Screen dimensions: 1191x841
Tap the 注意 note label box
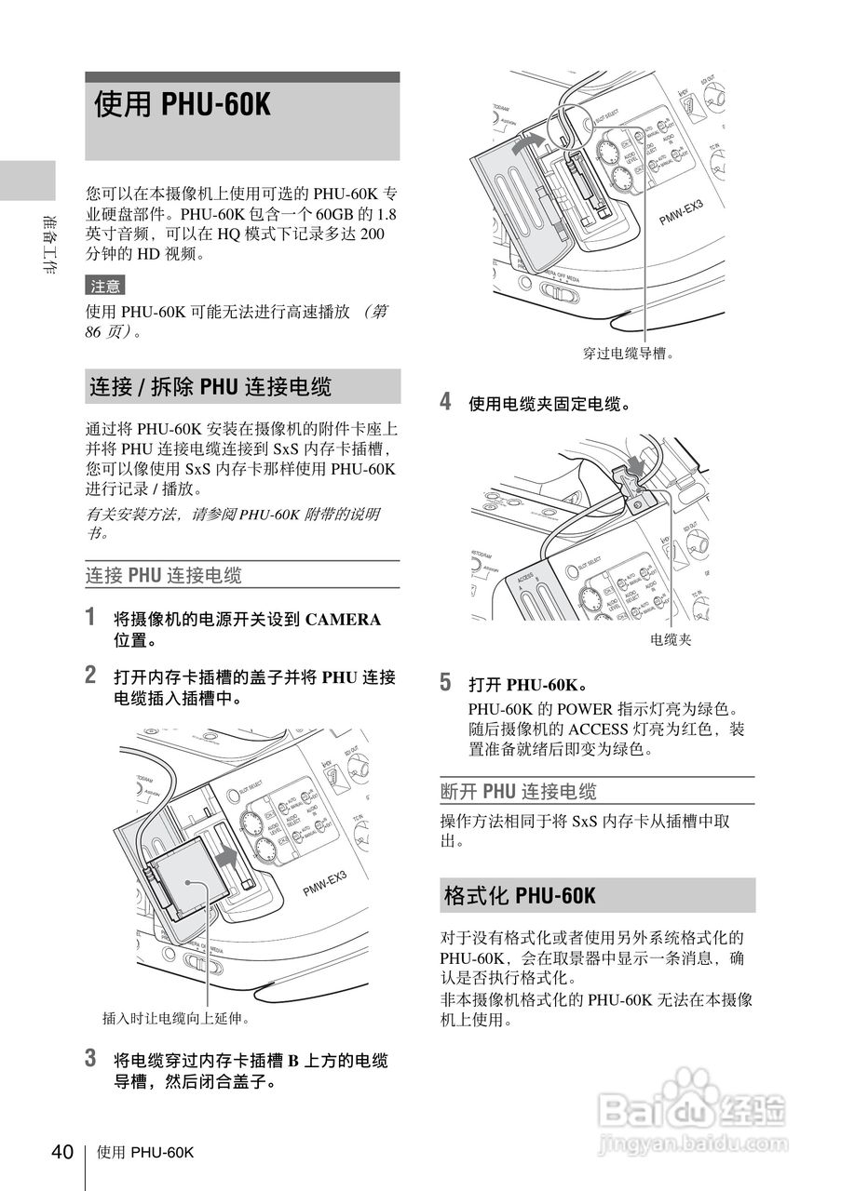tap(104, 286)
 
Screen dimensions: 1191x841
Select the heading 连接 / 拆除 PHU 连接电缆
tap(210, 386)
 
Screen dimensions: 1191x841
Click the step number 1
tap(90, 617)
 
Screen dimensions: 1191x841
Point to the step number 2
tap(90, 675)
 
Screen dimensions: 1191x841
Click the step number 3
tap(90, 1058)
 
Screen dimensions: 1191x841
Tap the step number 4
tap(445, 402)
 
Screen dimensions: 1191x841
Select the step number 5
tap(445, 683)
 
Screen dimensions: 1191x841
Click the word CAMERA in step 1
tap(343, 620)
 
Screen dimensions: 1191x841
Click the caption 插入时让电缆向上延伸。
tap(176, 1018)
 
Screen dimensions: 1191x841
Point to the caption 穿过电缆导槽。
tap(628, 353)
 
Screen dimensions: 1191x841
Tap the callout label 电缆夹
tap(671, 640)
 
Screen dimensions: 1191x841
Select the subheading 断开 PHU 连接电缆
tap(518, 792)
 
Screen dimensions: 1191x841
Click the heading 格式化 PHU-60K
tap(519, 896)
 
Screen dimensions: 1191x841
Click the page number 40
tap(61, 1152)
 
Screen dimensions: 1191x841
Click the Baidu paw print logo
tap(698, 1090)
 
